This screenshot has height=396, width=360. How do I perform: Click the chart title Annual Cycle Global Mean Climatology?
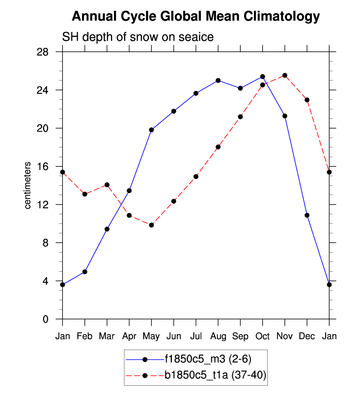pos(195,17)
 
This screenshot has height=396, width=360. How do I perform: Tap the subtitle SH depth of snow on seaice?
pos(137,37)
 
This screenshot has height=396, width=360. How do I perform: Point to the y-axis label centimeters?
pos(28,185)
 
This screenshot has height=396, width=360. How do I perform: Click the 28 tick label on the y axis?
pos(49,52)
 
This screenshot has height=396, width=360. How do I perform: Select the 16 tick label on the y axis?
pos(49,167)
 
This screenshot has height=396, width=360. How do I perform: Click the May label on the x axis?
pos(151,336)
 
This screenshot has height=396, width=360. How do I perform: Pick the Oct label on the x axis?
pos(262,336)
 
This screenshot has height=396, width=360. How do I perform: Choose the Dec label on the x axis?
pos(307,336)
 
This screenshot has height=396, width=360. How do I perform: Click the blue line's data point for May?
pos(151,130)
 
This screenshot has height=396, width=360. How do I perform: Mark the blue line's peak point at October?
pos(262,77)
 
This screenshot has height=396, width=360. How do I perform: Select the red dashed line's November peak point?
pos(285,75)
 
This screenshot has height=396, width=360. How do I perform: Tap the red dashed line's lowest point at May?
pos(151,225)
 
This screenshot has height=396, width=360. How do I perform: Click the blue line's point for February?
pos(84,272)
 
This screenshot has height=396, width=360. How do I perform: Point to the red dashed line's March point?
pos(107,185)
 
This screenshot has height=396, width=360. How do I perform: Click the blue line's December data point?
pos(307,215)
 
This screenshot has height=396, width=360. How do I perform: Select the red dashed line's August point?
pos(218,147)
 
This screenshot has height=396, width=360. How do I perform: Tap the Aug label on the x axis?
pos(218,336)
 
